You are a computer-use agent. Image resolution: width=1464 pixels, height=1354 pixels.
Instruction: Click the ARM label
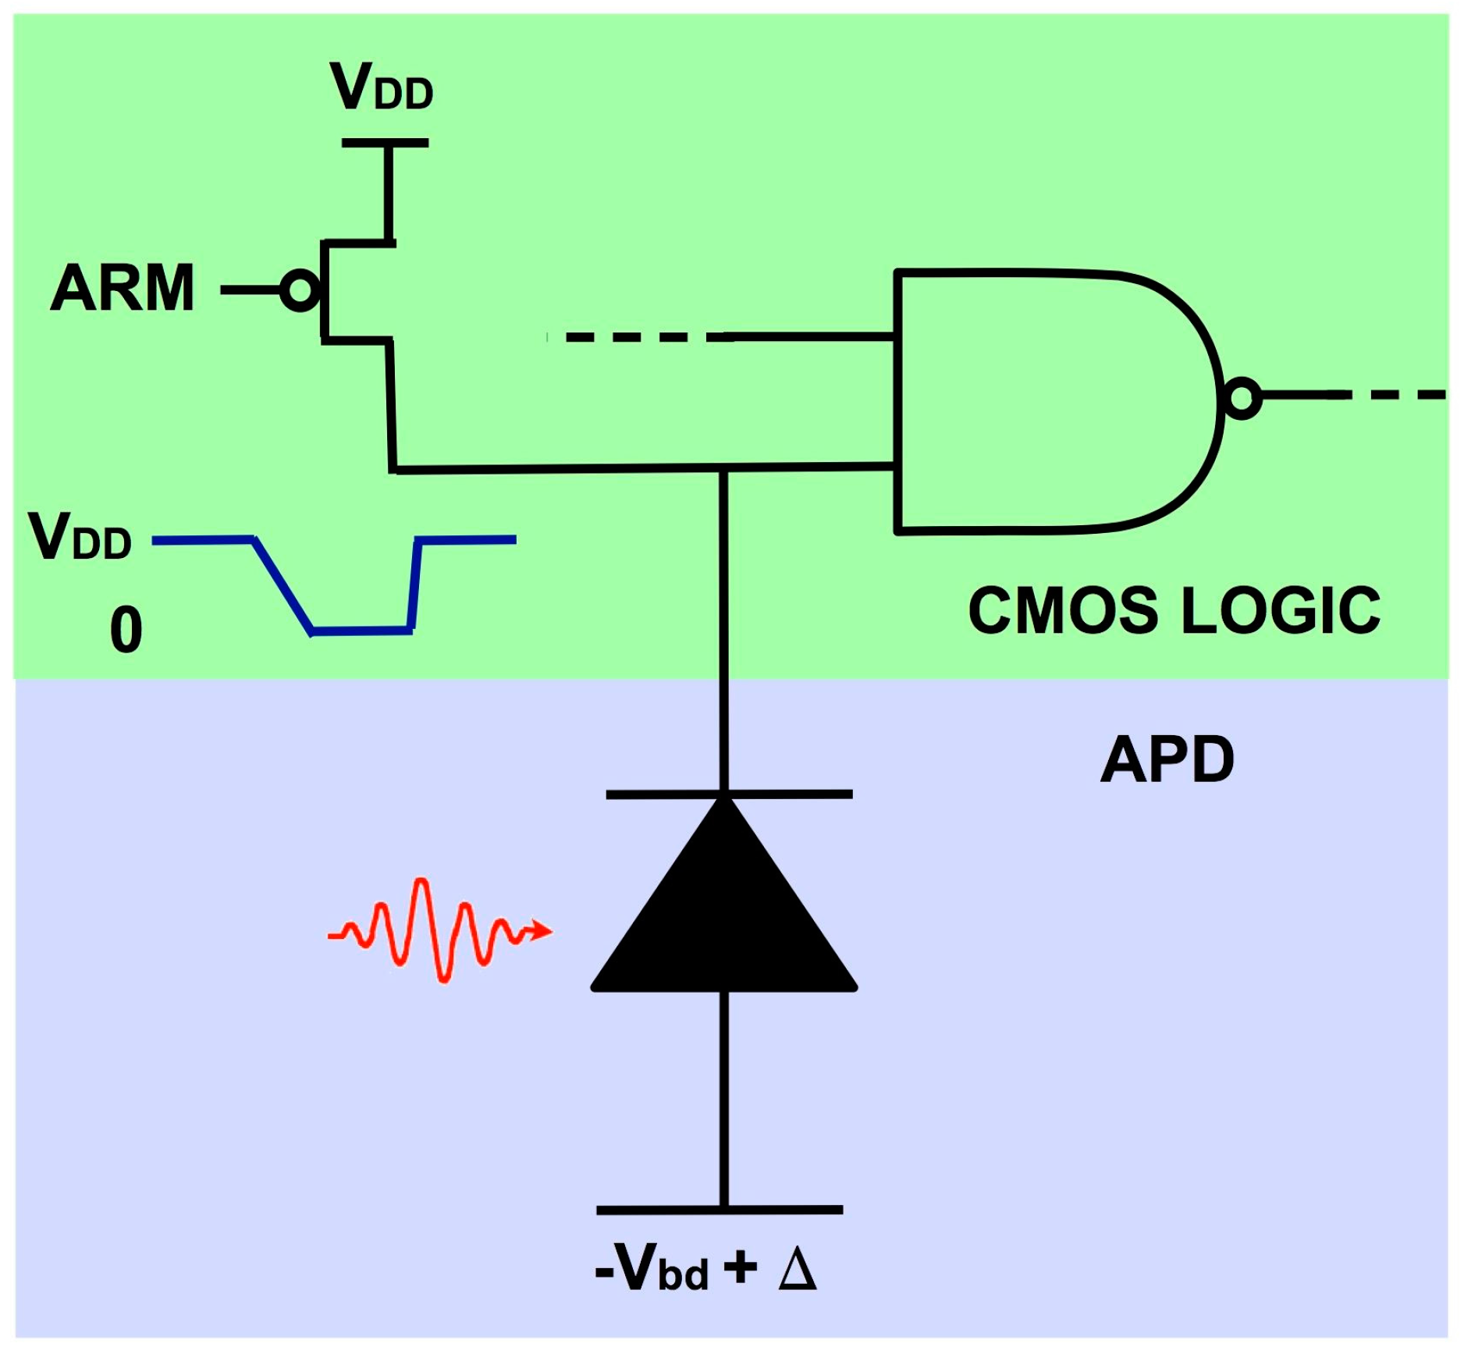click(123, 289)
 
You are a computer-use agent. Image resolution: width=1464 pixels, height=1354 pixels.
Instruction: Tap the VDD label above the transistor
click(381, 87)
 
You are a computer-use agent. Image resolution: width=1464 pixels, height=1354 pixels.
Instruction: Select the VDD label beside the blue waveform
click(80, 537)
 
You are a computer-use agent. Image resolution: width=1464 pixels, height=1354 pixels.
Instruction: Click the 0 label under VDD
click(126, 630)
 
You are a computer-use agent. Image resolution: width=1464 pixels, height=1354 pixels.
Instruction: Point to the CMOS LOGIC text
click(1174, 610)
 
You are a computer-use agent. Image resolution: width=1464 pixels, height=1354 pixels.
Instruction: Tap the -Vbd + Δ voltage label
click(705, 1267)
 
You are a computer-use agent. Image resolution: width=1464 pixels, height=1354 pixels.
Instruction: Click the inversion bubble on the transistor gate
click(300, 290)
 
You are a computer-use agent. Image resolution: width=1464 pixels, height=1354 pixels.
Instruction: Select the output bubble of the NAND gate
click(1242, 397)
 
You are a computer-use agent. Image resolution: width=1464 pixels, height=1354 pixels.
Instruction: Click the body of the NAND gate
click(1046, 402)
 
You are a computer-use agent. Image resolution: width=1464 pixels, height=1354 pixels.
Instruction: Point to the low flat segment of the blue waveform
click(361, 630)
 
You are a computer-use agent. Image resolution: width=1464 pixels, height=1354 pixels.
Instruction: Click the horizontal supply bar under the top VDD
click(385, 143)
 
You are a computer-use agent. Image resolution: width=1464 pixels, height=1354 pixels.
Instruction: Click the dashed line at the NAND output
click(1397, 396)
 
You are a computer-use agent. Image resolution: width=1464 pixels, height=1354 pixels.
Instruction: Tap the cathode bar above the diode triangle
click(729, 794)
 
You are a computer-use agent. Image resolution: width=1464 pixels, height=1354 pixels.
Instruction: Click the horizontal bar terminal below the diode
click(720, 1210)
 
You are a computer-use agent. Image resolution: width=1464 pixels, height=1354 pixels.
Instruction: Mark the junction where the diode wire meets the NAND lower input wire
click(724, 469)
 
